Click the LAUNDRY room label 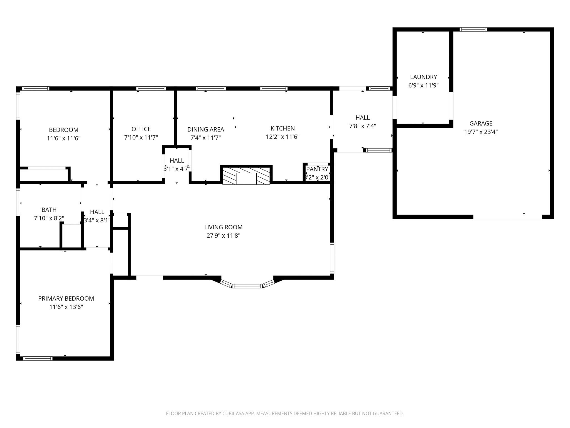423,77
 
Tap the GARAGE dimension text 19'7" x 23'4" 481,132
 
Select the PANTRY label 317,169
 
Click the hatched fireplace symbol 246,175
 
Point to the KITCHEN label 282,128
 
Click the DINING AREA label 205,129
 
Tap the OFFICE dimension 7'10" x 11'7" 141,137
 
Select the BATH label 49,210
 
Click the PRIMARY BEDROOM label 66,298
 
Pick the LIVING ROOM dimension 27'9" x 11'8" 223,236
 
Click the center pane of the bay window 247,286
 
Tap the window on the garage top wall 473,29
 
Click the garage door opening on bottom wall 507,217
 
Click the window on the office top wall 151,89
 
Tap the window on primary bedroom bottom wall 38,358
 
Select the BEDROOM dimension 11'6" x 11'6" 63,138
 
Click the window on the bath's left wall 18,202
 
